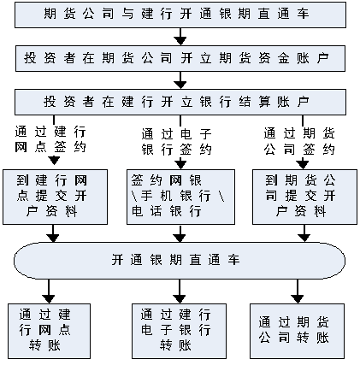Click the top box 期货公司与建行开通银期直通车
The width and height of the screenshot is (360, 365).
point(180,15)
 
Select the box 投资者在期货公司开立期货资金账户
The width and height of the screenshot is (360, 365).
point(180,58)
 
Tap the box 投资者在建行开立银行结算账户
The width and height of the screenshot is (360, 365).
point(180,102)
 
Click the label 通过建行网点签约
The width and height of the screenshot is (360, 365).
point(50,139)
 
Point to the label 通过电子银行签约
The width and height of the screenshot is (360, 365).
point(177,142)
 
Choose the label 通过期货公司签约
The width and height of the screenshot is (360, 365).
point(299,141)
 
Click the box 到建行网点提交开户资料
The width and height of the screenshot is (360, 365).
point(56,197)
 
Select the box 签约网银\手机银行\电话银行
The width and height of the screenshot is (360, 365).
point(180,197)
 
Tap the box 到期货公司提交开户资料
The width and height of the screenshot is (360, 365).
point(304,197)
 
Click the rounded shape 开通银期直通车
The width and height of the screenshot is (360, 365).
point(180,261)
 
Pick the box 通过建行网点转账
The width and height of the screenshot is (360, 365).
point(49,331)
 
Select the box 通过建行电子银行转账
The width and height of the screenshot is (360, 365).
point(179,331)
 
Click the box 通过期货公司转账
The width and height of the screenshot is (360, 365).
point(297,331)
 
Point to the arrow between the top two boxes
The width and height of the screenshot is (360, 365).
point(180,37)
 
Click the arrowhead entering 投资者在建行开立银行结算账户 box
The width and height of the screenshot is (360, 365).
point(180,85)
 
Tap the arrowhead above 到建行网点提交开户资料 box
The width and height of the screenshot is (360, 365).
point(54,161)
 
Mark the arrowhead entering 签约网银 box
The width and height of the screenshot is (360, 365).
point(180,165)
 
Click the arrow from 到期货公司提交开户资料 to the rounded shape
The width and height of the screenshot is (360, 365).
point(304,233)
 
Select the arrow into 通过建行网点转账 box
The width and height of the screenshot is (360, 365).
point(49,291)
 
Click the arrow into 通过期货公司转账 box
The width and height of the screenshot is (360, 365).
point(297,291)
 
